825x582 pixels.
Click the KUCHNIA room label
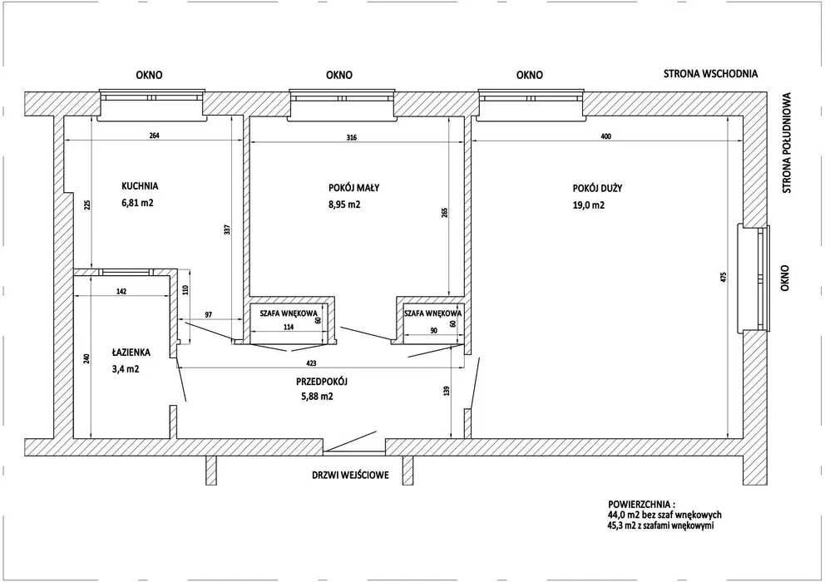click(140, 185)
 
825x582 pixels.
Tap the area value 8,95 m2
click(344, 205)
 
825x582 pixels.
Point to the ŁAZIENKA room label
click(131, 353)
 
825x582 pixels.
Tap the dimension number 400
click(605, 137)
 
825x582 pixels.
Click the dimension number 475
click(723, 278)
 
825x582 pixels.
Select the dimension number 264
click(154, 136)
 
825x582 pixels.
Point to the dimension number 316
click(352, 138)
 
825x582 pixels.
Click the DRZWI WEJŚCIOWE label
click(350, 476)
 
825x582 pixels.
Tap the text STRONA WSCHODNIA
click(710, 74)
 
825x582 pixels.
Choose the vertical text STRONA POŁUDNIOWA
click(787, 143)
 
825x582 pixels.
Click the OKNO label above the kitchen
click(150, 76)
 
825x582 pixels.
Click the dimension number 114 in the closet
click(289, 327)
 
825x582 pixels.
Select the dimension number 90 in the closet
click(433, 330)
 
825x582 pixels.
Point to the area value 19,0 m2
click(589, 205)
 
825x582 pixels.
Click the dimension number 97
click(209, 314)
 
